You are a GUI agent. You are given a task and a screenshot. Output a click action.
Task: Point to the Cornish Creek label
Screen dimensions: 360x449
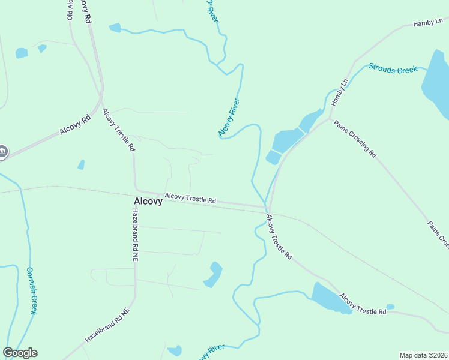click(33, 290)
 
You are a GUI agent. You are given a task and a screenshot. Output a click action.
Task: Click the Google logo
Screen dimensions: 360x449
click(20, 353)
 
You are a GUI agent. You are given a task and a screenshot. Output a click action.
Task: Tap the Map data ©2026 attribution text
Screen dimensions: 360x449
click(424, 355)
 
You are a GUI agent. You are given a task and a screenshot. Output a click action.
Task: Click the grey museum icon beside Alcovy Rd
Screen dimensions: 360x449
click(2, 152)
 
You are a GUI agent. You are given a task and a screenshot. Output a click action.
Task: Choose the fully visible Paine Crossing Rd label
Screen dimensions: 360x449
click(355, 138)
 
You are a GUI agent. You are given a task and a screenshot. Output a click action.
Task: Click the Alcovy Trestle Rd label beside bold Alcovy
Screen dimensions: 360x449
click(190, 198)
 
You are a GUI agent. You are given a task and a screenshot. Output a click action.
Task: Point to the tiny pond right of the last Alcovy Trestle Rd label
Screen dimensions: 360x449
click(390, 307)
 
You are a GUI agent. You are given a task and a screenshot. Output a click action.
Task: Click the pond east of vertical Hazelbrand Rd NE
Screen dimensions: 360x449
click(212, 275)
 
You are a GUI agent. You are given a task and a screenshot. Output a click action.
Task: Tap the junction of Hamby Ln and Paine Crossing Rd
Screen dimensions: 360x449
click(330, 118)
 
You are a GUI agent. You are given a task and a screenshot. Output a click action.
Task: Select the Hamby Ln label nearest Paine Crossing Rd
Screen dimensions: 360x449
click(340, 92)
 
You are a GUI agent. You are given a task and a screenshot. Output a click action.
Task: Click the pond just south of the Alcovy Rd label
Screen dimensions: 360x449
click(81, 164)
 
